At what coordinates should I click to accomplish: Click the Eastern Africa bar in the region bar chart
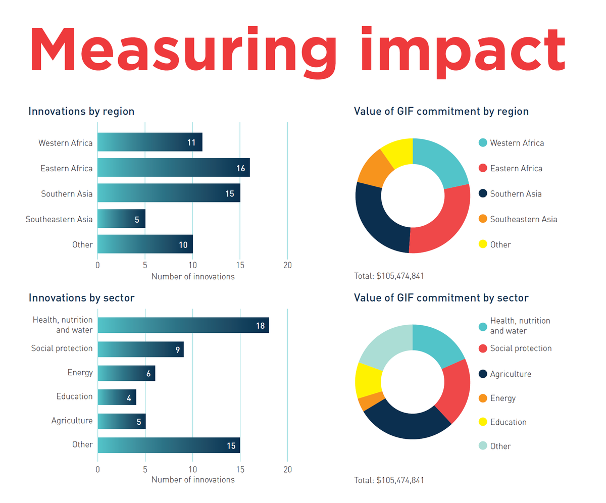[173, 168]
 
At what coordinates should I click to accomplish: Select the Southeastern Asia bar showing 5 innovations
[121, 219]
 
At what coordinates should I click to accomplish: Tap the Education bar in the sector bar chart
[117, 397]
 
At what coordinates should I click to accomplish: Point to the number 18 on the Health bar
[260, 326]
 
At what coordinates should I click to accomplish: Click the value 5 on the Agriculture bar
[139, 422]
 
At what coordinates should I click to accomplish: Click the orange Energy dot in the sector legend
[482, 398]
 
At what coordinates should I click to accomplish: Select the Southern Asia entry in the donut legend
[516, 194]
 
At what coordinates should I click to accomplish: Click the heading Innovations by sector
[81, 298]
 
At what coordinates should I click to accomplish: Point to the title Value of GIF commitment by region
[441, 111]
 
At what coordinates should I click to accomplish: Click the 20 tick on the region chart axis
[287, 265]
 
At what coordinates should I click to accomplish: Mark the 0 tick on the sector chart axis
[97, 469]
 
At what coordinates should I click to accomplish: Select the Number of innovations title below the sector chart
[193, 480]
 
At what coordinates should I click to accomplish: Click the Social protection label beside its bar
[62, 348]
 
